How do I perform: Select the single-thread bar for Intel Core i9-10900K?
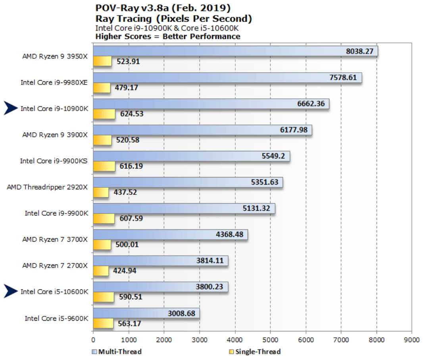click(x=104, y=114)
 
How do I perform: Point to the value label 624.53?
click(x=131, y=114)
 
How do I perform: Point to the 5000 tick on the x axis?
click(x=270, y=340)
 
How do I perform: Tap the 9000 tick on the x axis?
click(x=411, y=340)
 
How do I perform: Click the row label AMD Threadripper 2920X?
click(x=47, y=187)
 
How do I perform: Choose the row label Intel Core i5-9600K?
click(x=56, y=318)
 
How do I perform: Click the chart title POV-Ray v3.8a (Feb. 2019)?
click(x=163, y=8)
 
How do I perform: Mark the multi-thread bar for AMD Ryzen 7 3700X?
click(x=170, y=235)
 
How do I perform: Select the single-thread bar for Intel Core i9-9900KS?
click(x=104, y=166)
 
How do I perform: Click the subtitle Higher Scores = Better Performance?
click(x=168, y=37)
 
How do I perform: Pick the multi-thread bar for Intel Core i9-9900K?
click(x=184, y=208)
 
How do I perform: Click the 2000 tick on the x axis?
click(x=164, y=340)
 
